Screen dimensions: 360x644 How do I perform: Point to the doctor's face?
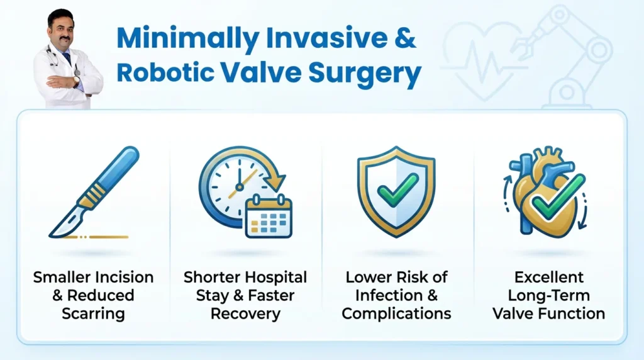coord(61,31)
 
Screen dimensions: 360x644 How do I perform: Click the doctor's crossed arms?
coord(65,82)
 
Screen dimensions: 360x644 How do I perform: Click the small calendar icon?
coord(269,217)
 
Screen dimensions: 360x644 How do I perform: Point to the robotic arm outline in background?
coord(569,53)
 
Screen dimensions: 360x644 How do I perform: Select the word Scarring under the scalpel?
coord(92,313)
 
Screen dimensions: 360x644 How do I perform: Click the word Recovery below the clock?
coord(245,313)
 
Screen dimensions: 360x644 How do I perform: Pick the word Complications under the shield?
coord(396,313)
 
